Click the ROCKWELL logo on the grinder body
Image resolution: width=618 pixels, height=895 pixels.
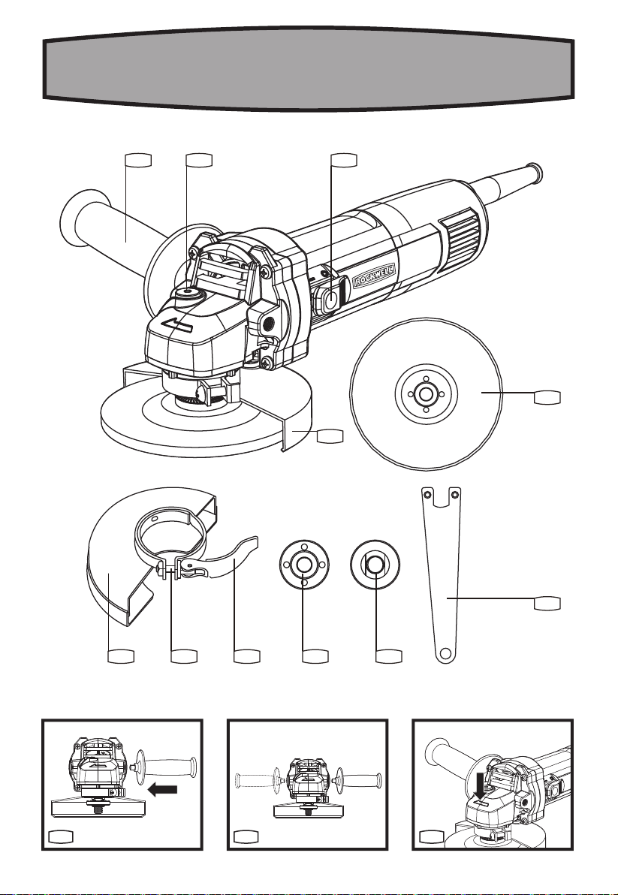[374, 276]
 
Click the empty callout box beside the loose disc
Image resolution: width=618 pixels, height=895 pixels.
[547, 397]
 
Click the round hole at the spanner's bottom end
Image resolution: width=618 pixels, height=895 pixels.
[446, 652]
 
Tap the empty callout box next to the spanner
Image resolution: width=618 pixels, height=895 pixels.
[547, 604]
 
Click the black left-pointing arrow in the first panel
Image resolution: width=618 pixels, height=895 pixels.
[163, 790]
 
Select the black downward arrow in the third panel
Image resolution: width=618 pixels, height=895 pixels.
[484, 786]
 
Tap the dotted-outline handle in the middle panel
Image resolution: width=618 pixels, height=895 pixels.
[258, 777]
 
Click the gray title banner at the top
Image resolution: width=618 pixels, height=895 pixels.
[309, 68]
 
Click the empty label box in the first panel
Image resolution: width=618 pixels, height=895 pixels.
[61, 836]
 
